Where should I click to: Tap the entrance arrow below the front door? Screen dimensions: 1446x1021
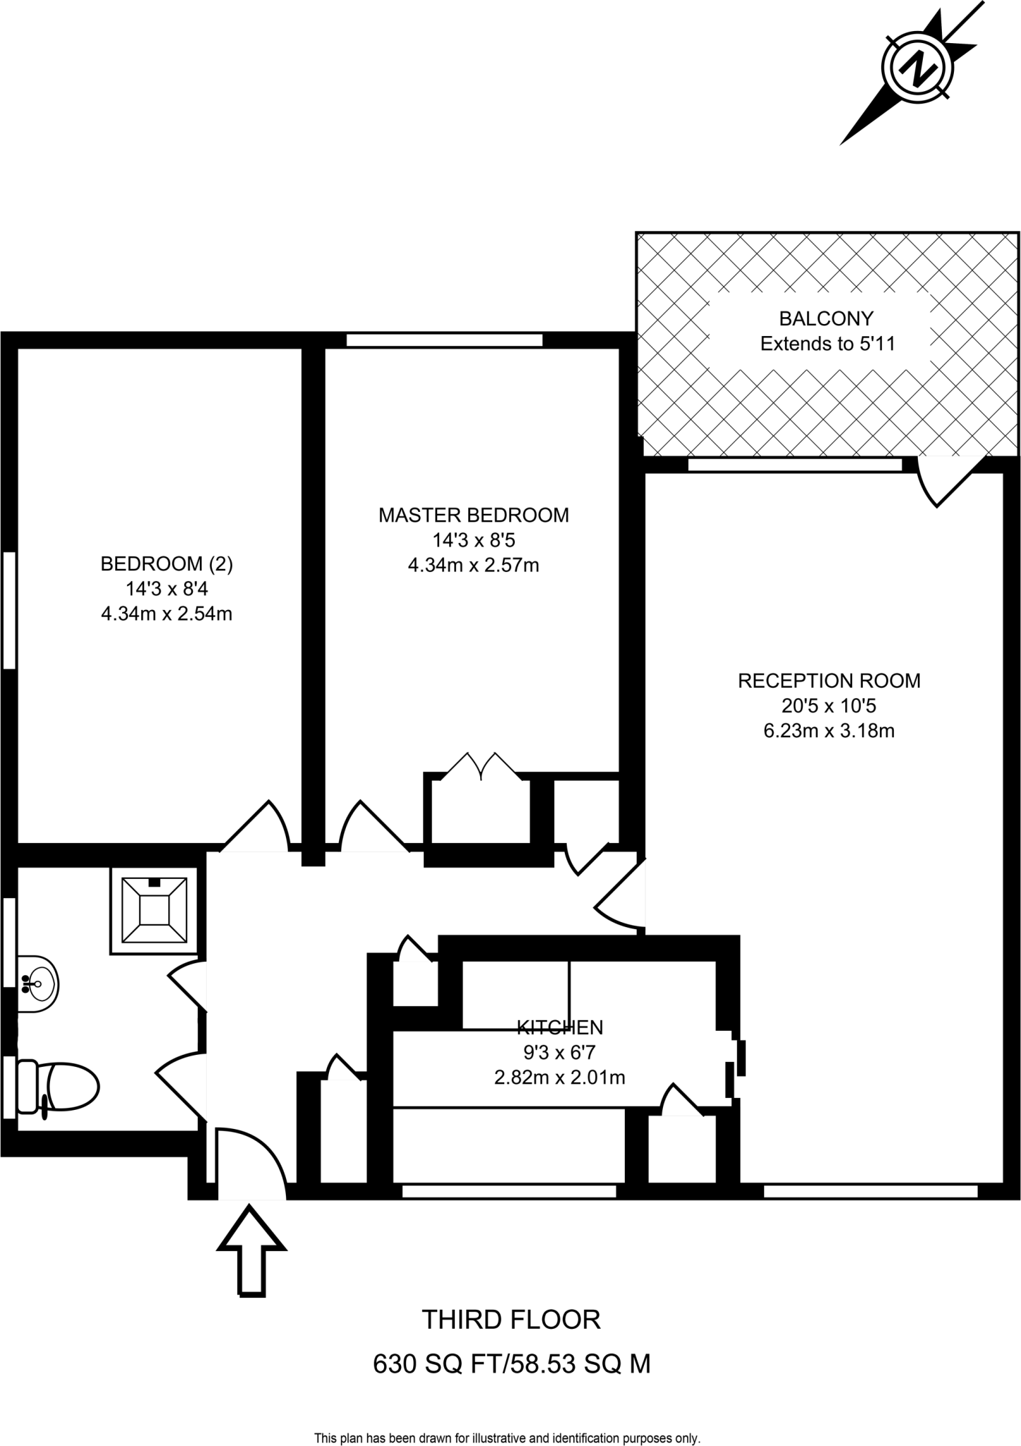coord(251,1250)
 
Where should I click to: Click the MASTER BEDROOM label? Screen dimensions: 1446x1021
coord(473,515)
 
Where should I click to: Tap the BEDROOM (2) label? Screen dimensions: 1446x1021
coord(167,563)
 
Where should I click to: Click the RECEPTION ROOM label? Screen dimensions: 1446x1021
coord(829,681)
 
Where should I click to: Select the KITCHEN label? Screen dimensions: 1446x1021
coord(560,1027)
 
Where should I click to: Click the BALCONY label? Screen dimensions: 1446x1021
coord(826,318)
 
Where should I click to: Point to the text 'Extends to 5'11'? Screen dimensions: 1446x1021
coord(827,344)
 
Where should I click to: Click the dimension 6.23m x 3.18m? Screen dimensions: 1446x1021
coord(829,731)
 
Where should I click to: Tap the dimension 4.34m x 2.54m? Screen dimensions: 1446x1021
coord(167,614)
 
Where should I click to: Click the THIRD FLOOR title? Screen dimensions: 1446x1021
coord(511,1319)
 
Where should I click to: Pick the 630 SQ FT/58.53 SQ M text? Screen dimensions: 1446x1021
coord(511,1364)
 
